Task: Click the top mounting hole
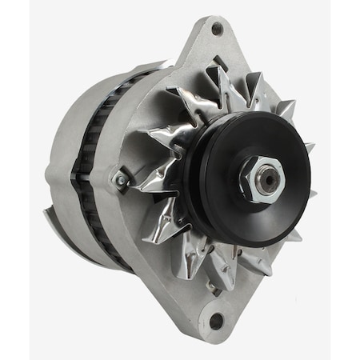point(217,30)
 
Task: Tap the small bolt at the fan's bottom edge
point(211,283)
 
